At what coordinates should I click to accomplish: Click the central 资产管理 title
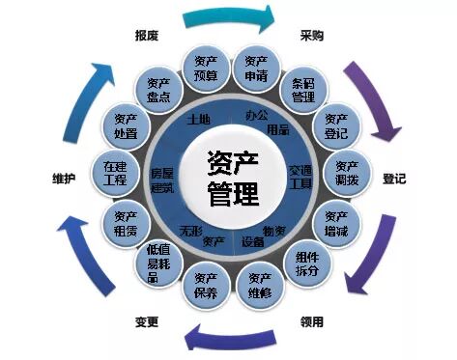pos(233,180)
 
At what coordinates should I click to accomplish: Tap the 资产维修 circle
pos(256,285)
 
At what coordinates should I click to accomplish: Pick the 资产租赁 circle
pos(126,224)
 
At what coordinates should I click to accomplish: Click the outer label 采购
pos(312,36)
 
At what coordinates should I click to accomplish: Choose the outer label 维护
pos(65,180)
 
